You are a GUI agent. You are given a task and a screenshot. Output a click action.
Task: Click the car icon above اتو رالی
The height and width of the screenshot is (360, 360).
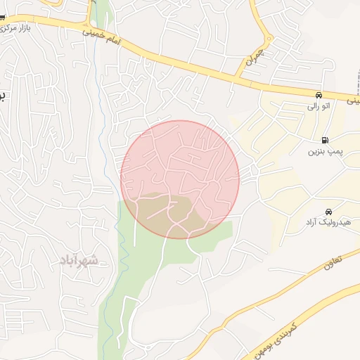(x=319, y=95)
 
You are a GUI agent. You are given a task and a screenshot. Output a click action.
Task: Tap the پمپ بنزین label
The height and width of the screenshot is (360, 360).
(x=325, y=151)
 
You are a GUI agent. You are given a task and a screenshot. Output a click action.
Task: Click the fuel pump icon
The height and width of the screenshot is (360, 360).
(x=324, y=140)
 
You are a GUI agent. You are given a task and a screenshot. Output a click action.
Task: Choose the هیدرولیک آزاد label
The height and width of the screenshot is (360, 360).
(x=322, y=223)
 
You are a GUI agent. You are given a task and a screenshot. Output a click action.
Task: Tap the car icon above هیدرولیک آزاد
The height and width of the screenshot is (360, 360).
(x=328, y=212)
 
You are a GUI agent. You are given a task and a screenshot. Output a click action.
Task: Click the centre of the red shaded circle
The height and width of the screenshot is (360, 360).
(x=180, y=179)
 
